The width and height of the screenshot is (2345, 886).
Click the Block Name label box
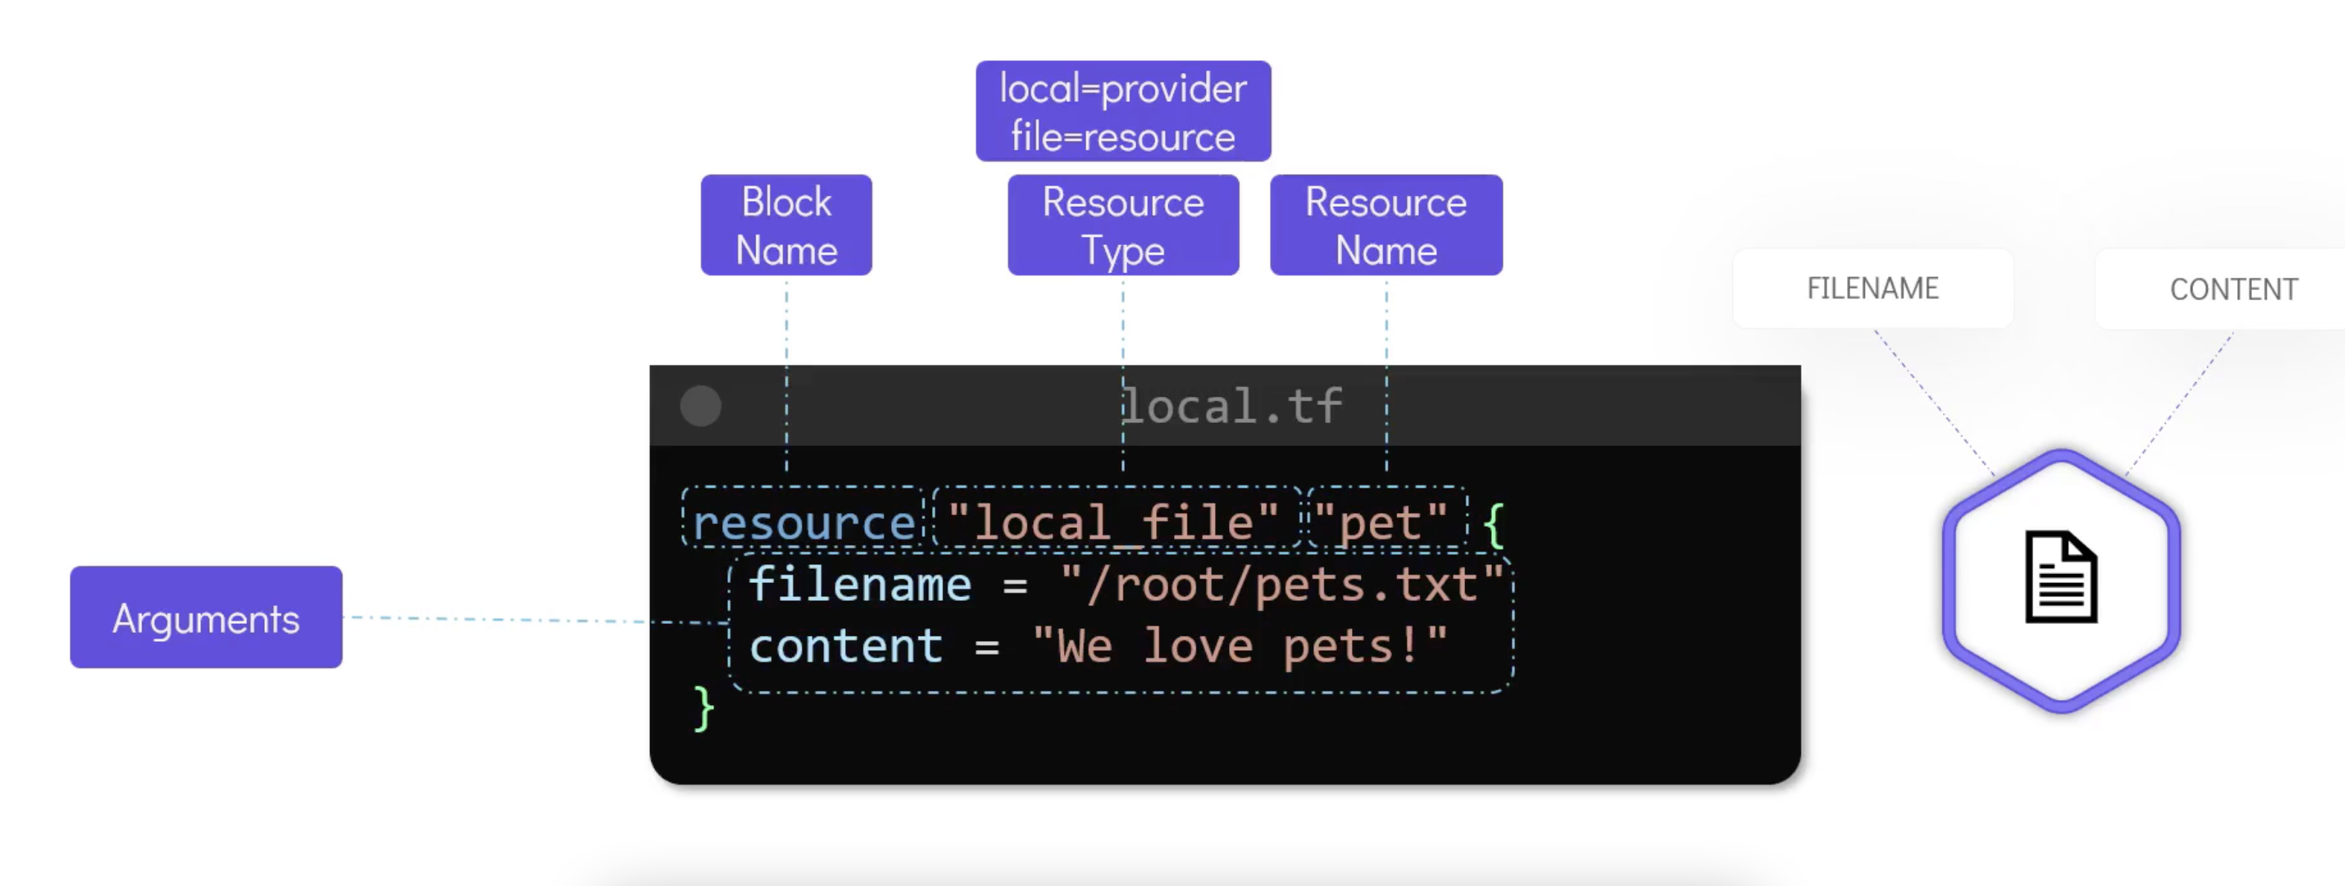click(x=785, y=225)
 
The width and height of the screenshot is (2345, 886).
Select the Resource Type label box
click(x=1123, y=225)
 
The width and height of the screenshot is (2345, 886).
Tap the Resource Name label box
click(x=1385, y=225)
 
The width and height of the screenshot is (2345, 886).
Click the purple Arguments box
click(x=205, y=617)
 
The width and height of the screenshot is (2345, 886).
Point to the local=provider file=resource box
click(x=1123, y=111)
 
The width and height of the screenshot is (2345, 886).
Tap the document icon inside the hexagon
click(x=2060, y=577)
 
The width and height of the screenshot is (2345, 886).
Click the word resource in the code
click(x=803, y=523)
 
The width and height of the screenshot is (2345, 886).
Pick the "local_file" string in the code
click(x=1112, y=523)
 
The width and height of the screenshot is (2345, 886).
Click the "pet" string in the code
click(x=1380, y=523)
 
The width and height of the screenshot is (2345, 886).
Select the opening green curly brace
click(x=1493, y=524)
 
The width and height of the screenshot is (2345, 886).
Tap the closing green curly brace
click(x=703, y=709)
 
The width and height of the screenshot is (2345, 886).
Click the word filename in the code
click(x=859, y=584)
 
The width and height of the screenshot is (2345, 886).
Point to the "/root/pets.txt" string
click(x=1281, y=584)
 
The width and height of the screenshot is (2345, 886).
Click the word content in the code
click(x=846, y=646)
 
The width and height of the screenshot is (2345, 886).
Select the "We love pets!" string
click(x=1239, y=646)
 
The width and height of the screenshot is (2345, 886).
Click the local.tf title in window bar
click(x=1231, y=406)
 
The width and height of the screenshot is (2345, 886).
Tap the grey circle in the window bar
click(x=700, y=406)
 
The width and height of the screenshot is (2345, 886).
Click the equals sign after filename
click(x=1014, y=585)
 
